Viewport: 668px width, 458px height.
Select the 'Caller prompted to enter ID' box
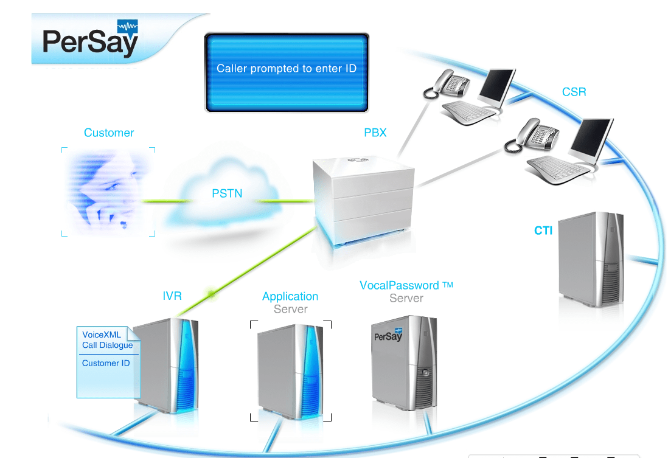coord(287,72)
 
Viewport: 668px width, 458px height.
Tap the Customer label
coord(109,133)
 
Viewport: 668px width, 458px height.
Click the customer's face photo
coord(108,192)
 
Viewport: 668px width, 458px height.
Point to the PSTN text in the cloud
coord(227,194)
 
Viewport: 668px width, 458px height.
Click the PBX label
coord(375,133)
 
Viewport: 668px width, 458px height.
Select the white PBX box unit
coord(361,201)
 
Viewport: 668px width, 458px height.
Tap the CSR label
coord(574,92)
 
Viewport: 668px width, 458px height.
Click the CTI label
coord(543,231)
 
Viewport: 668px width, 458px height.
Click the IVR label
coord(172,296)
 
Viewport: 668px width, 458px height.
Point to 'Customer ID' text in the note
coord(106,363)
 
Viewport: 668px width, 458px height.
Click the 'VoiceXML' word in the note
coord(102,335)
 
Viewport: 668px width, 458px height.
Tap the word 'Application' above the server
coord(290,296)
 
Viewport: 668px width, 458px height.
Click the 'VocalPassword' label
coord(399,285)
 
